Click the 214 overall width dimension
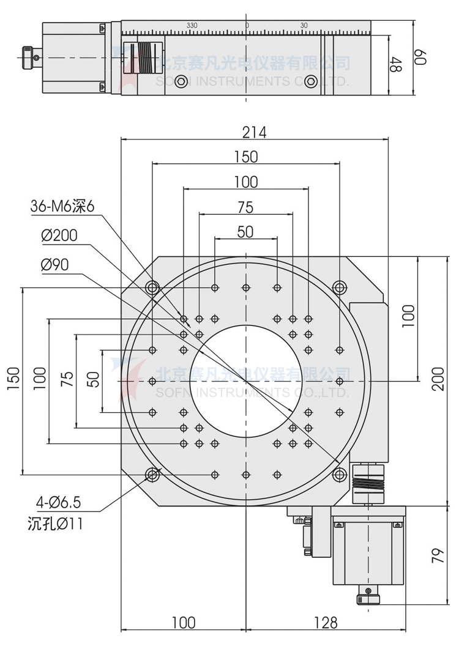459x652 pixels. [x=255, y=132]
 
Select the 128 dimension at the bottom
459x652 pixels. [x=326, y=623]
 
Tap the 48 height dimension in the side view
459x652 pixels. [x=396, y=65]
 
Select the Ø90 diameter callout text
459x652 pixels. [x=54, y=264]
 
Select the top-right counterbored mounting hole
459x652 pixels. [x=340, y=287]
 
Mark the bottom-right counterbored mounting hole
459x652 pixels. [x=340, y=475]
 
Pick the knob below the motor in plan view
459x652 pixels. [x=368, y=595]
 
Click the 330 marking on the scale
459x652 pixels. [x=192, y=26]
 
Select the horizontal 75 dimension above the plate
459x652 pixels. [x=245, y=207]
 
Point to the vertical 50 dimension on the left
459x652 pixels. [x=93, y=380]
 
